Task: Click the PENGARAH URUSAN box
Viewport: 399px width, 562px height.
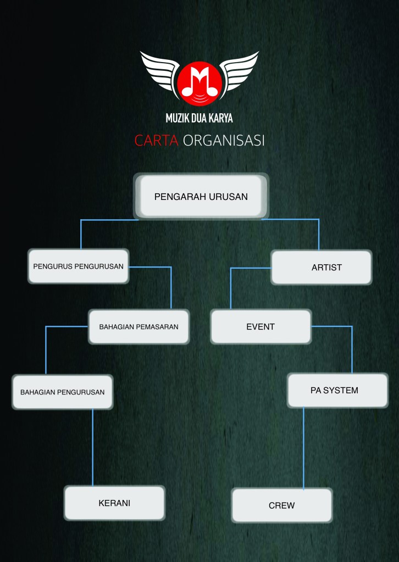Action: click(201, 196)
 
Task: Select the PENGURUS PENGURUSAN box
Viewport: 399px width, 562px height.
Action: click(79, 266)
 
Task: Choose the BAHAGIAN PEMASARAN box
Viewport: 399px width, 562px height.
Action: click(138, 326)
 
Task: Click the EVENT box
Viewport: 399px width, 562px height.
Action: click(261, 326)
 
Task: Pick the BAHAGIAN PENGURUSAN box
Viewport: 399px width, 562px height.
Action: click(62, 392)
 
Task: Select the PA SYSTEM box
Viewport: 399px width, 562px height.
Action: click(337, 390)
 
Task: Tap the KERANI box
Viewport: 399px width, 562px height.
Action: click(114, 503)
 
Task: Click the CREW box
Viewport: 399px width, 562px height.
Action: click(281, 505)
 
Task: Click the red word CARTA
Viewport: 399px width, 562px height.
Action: click(156, 141)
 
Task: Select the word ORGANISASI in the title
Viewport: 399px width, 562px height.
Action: click(224, 141)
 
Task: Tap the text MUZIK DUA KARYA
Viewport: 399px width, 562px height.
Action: click(199, 118)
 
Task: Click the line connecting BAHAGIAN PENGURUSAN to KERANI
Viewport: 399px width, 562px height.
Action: click(92, 448)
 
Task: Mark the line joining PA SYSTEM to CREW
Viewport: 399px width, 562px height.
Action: click(304, 448)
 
